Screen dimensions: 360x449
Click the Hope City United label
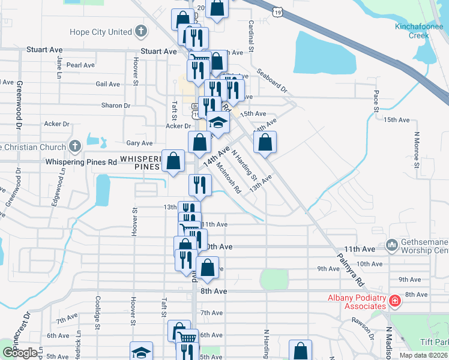(100, 32)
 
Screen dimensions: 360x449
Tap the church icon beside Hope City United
(140, 31)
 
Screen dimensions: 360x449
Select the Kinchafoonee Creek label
(412, 31)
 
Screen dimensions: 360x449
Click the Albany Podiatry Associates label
(356, 302)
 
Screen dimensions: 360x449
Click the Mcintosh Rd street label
(229, 178)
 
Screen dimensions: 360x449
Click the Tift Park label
(435, 341)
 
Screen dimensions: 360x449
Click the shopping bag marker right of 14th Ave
(264, 142)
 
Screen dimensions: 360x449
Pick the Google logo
(19, 352)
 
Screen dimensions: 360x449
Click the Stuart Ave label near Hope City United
(158, 52)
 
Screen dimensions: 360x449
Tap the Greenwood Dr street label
(19, 106)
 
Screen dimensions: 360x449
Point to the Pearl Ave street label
(80, 65)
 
